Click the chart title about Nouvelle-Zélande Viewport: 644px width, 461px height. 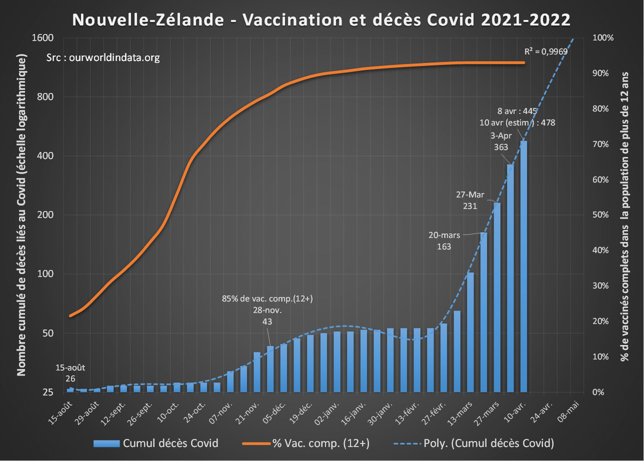click(321, 20)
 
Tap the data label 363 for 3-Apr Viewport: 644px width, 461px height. click(501, 147)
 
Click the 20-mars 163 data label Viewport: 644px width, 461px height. click(443, 241)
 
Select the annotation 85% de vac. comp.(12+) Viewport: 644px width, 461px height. click(267, 299)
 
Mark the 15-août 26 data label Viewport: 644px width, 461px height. click(70, 373)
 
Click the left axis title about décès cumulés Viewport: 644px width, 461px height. click(23, 215)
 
